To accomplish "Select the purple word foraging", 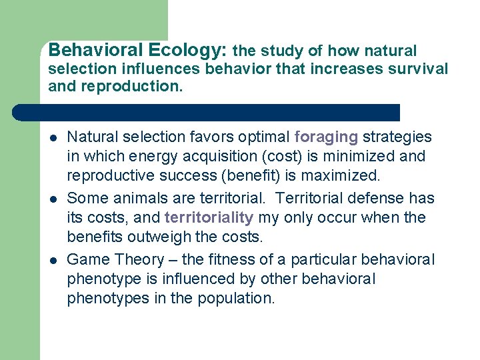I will [326, 137].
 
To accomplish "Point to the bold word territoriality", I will [209, 217].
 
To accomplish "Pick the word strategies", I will [397, 137].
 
